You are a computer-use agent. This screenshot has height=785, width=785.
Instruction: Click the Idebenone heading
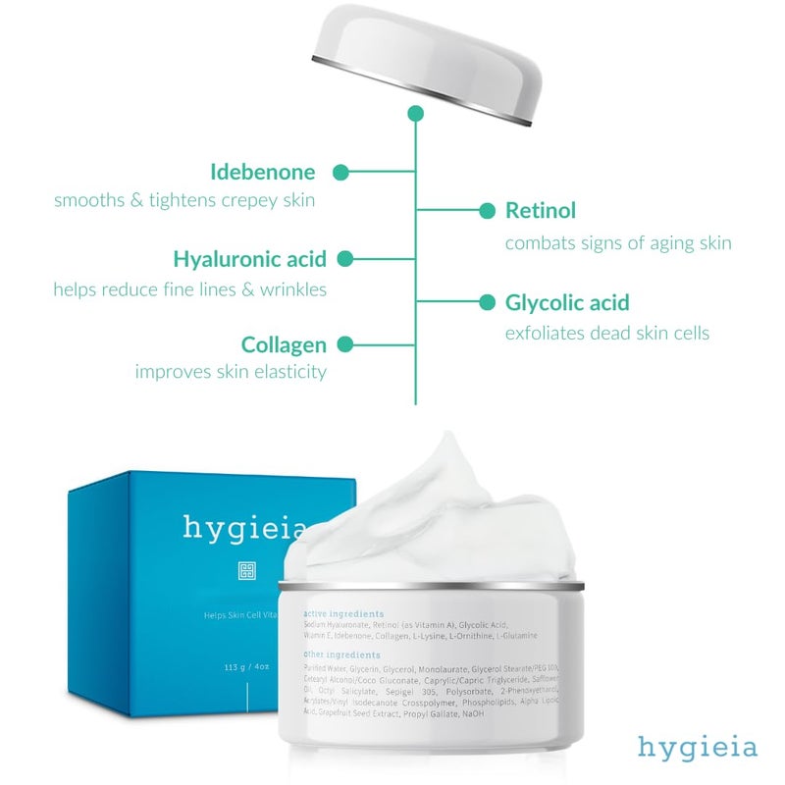[x=263, y=173]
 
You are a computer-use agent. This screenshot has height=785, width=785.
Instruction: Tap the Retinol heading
[x=540, y=210]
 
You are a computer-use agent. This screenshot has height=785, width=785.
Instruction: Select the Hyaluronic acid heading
[x=249, y=259]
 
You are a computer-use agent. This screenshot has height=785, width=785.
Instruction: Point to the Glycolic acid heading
[x=567, y=302]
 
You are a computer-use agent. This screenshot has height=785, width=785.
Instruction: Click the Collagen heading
[x=284, y=345]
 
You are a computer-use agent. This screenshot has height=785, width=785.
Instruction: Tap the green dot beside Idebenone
[x=340, y=173]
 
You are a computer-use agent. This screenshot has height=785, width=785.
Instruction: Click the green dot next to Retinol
[x=487, y=210]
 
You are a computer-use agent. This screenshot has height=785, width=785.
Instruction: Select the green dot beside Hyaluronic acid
[x=344, y=259]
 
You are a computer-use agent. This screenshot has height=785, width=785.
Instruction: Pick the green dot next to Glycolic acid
[x=487, y=302]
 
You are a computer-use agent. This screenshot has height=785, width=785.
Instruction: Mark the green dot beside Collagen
[x=344, y=345]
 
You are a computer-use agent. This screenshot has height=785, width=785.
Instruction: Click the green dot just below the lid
[x=415, y=114]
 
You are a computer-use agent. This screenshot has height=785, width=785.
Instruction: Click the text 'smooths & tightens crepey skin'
[x=184, y=200]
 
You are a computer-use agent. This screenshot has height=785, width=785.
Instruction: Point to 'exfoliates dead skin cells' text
[x=606, y=333]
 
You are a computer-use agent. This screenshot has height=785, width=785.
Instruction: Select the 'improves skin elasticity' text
[x=231, y=372]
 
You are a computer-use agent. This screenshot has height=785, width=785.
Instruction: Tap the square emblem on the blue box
[x=246, y=570]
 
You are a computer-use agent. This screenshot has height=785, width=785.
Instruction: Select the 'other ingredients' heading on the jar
[x=341, y=654]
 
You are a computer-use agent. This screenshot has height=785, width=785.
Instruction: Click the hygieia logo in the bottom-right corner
[x=698, y=747]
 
